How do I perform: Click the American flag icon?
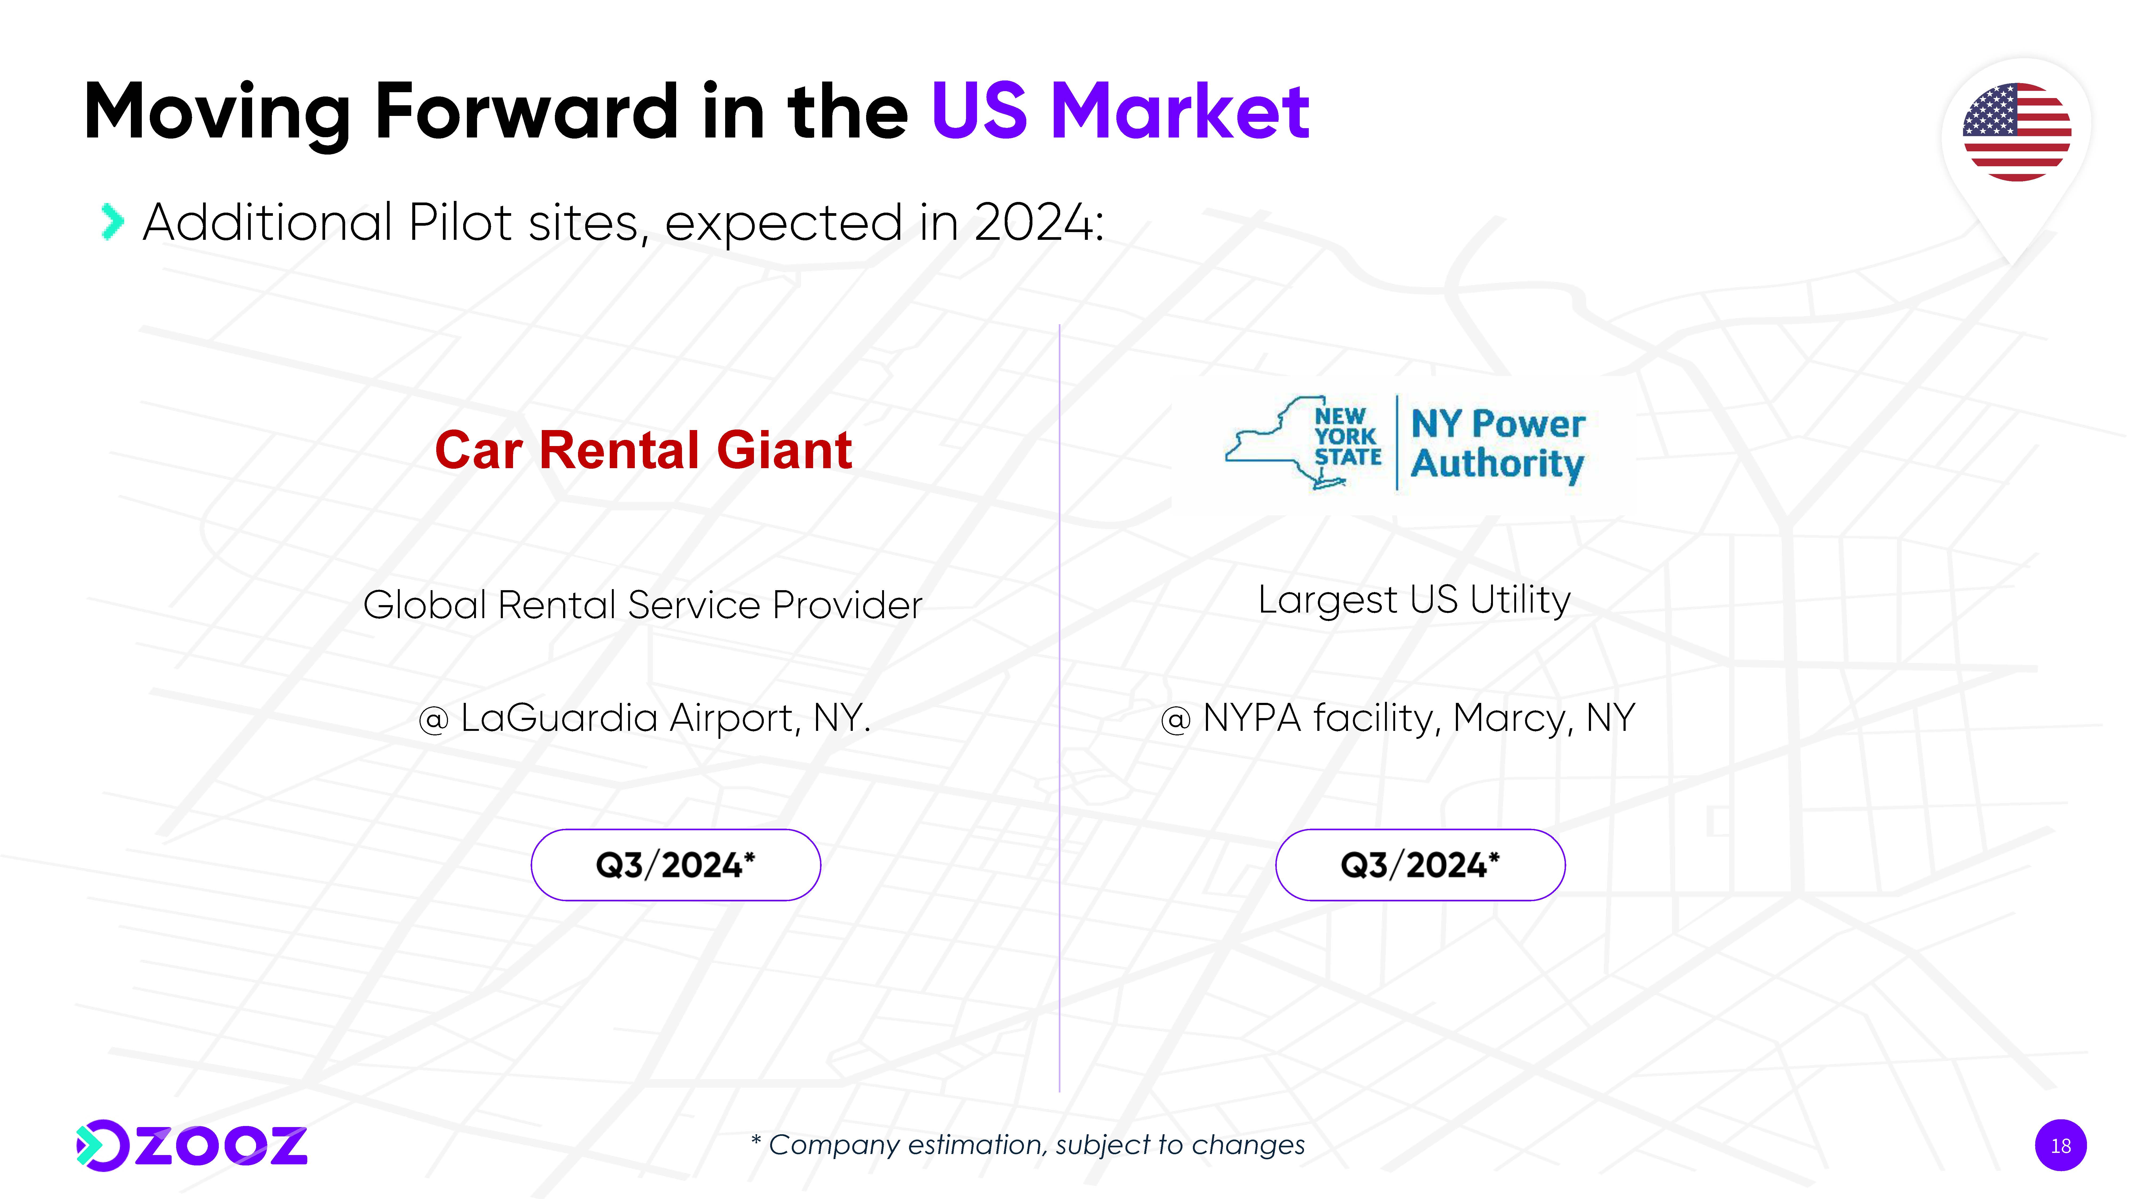[2017, 132]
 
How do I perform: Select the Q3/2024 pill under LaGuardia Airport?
[675, 865]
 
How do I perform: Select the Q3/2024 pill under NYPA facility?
[1420, 865]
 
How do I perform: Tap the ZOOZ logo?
[191, 1146]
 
